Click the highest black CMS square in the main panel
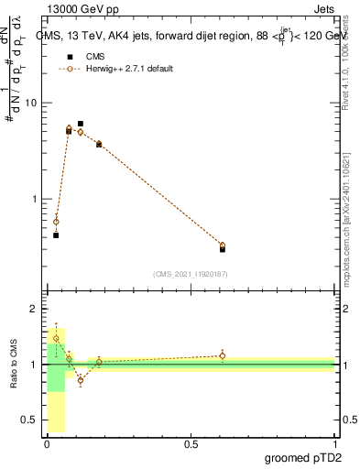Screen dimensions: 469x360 81,124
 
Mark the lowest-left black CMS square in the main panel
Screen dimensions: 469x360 56,235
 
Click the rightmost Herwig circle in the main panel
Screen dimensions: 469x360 223,245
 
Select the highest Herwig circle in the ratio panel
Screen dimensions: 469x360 56,338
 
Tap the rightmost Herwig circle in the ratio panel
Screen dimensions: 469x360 223,355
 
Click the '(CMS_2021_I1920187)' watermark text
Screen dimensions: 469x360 190,273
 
